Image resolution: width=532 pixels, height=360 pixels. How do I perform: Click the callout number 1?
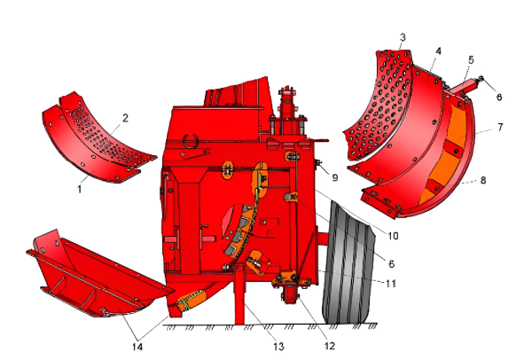coord(80,189)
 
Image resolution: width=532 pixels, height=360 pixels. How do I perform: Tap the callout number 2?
coord(125,118)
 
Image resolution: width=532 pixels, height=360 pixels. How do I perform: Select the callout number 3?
coord(403,37)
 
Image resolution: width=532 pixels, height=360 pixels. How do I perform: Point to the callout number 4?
coord(438,51)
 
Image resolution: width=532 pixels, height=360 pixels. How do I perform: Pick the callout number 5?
coord(471,60)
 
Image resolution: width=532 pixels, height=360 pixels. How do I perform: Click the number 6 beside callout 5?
coord(499,97)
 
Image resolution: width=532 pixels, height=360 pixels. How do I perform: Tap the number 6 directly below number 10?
coord(391,263)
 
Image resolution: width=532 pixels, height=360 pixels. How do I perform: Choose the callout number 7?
coord(500,127)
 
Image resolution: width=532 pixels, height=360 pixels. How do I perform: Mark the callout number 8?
coord(483,180)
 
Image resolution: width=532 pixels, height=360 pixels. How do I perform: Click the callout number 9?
coord(335,177)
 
